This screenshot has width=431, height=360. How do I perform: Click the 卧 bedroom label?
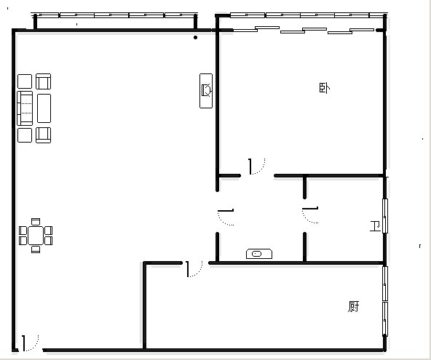pyautogui.click(x=325, y=88)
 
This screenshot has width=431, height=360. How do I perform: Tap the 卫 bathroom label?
pyautogui.click(x=375, y=226)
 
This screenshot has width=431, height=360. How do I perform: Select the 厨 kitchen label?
pyautogui.click(x=354, y=306)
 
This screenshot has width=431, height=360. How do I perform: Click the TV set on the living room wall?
pyautogui.click(x=206, y=91)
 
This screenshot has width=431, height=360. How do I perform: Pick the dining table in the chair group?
pyautogui.click(x=36, y=236)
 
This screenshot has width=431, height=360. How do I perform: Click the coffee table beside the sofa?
pyautogui.click(x=44, y=108)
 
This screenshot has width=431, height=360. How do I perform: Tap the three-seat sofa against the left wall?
pyautogui.click(x=25, y=108)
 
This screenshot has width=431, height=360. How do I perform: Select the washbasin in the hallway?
pyautogui.click(x=259, y=254)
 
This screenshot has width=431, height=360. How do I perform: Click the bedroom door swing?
pyautogui.click(x=257, y=167)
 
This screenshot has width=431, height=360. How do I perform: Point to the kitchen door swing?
pyautogui.click(x=194, y=269)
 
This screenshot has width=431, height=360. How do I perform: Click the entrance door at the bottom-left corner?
pyautogui.click(x=31, y=343)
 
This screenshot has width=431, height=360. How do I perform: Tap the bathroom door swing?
pyautogui.click(x=310, y=215)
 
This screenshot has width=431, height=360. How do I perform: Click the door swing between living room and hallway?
pyautogui.click(x=226, y=217)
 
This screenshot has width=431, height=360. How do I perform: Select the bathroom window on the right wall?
pyautogui.click(x=385, y=216)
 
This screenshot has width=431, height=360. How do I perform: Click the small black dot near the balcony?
pyautogui.click(x=195, y=37)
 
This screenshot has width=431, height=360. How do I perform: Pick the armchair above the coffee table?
pyautogui.click(x=44, y=81)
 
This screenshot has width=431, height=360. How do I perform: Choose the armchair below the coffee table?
pyautogui.click(x=44, y=135)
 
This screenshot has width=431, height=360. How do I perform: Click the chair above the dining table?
pyautogui.click(x=36, y=222)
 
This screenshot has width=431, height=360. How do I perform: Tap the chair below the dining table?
pyautogui.click(x=36, y=249)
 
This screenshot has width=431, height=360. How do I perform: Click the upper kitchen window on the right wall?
pyautogui.click(x=385, y=284)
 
